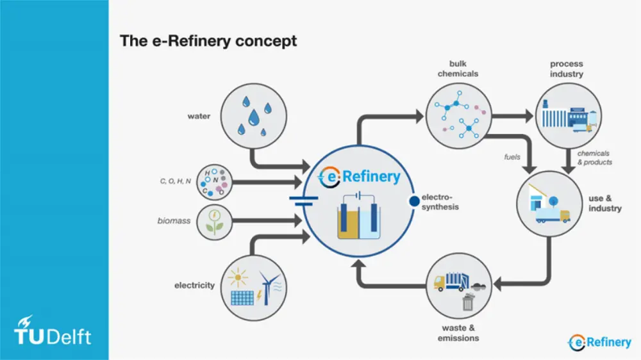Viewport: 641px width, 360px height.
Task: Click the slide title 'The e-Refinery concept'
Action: (208, 41)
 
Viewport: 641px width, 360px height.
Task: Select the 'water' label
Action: (199, 117)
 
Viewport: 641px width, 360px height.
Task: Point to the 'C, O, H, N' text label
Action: (175, 182)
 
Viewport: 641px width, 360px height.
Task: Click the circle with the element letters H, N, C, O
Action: (214, 182)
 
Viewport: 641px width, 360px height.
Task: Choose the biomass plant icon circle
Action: (214, 222)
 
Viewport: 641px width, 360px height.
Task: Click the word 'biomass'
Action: (174, 221)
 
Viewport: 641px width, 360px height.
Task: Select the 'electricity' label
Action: (194, 285)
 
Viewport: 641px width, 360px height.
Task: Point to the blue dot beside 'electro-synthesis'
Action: (413, 202)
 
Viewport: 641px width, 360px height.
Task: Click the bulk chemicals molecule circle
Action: (457, 116)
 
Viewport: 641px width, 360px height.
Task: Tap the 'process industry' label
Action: (567, 69)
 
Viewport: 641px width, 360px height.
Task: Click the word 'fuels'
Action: (512, 156)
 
